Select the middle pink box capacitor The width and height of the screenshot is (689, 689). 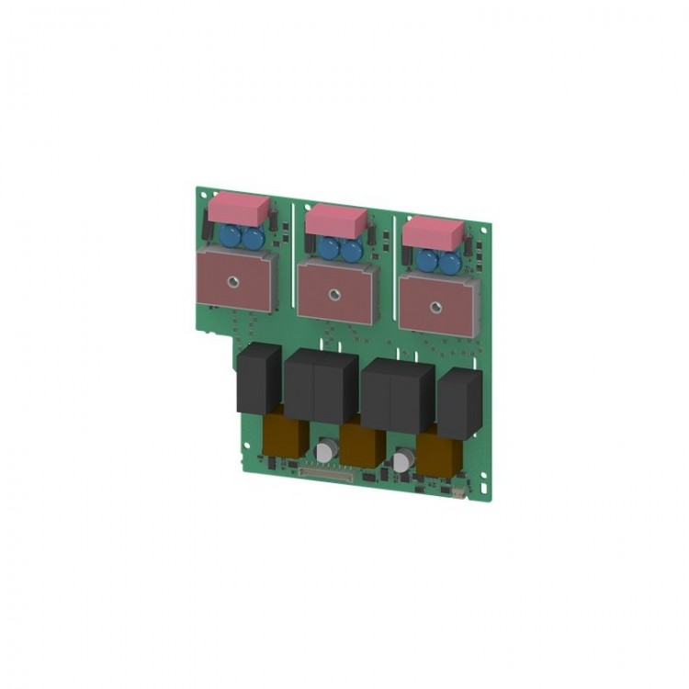[335, 219]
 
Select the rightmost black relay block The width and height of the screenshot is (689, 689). [459, 403]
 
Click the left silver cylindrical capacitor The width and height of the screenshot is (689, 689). [326, 450]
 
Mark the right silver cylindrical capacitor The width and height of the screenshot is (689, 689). [401, 459]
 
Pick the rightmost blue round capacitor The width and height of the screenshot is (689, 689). [449, 263]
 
